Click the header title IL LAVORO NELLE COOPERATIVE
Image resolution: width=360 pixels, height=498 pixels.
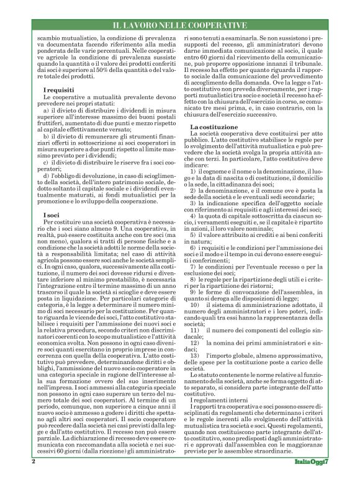tap(179, 25)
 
